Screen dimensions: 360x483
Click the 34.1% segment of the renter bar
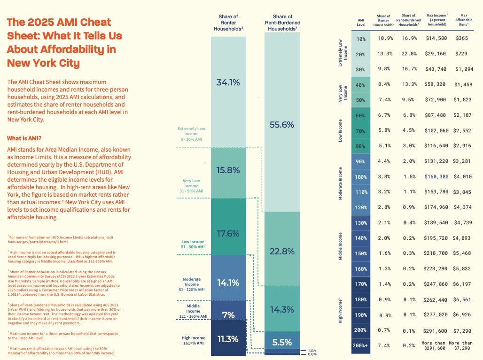[x=228, y=83]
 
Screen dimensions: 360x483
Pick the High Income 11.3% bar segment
[x=228, y=339]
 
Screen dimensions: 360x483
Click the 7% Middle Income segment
[x=228, y=315]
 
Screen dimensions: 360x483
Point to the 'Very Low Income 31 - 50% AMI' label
[x=191, y=186]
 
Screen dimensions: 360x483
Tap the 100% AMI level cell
[x=360, y=177]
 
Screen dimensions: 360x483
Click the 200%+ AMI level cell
[x=360, y=346]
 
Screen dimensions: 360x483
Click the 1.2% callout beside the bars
[x=312, y=350]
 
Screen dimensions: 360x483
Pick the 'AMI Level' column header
[x=360, y=22]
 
